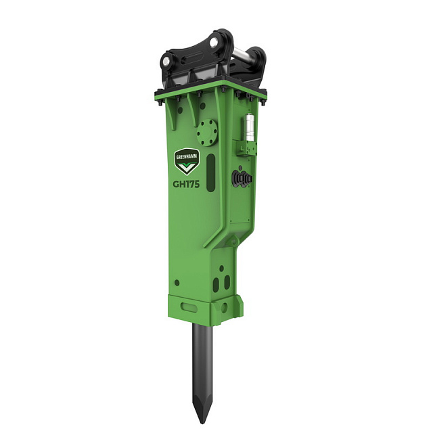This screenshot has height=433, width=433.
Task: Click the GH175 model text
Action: click(186, 184)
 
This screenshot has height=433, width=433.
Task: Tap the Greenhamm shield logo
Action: click(187, 162)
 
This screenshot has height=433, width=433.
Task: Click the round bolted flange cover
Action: click(208, 133)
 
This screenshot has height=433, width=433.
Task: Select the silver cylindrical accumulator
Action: click(250, 127)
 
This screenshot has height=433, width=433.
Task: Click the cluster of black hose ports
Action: click(242, 178)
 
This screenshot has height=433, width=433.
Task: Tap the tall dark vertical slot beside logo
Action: click(210, 173)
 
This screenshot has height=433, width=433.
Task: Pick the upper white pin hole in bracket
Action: click(214, 43)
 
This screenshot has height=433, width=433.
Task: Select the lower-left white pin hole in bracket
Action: click(167, 62)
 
